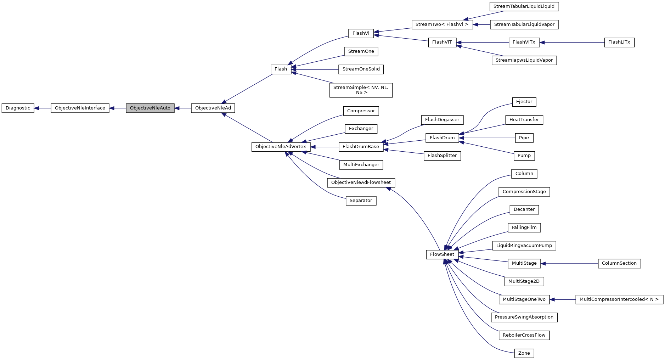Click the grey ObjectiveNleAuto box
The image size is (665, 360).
pos(150,108)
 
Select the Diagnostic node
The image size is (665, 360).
pos(18,108)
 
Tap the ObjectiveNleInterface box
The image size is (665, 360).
pos(80,108)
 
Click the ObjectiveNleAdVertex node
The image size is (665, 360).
pos(281,147)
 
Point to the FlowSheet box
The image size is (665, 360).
pos(442,254)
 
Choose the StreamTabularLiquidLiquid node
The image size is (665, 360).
pos(524,6)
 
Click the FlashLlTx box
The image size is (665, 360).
pos(619,42)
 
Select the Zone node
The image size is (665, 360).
pos(524,353)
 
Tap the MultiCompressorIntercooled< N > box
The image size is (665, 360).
pos(619,299)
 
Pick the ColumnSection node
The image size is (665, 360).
pos(619,263)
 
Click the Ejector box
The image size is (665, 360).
pos(524,102)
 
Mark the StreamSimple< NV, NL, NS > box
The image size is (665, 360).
pos(361,90)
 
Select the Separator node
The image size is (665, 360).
pos(361,201)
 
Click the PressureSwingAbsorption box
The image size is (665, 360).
pos(524,317)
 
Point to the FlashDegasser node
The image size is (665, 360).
pos(442,120)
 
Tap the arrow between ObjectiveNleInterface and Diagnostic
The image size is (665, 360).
pos(43,108)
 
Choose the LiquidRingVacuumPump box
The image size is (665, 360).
pos(524,246)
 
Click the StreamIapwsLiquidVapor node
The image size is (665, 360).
pos(524,60)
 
